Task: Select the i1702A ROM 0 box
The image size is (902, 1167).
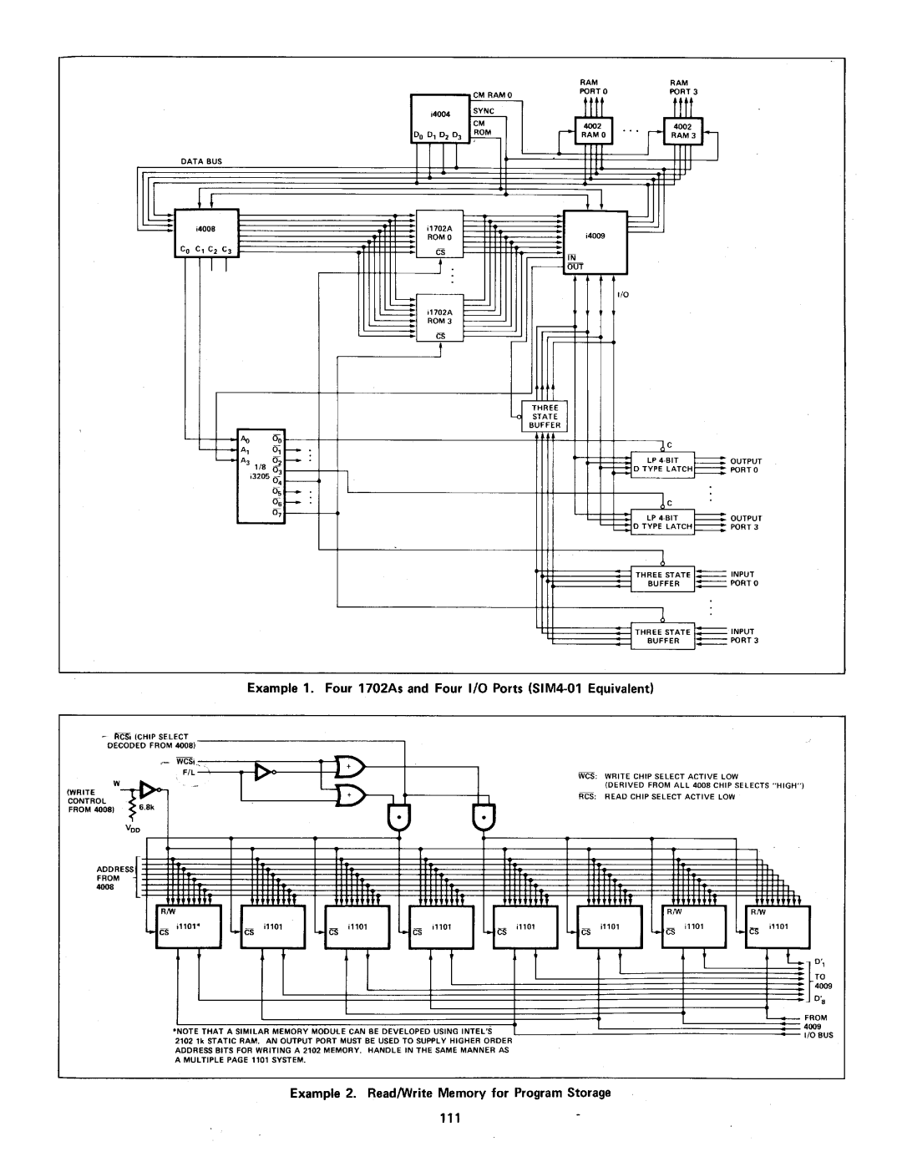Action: tap(439, 233)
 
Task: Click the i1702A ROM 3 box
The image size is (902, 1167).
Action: tap(439, 318)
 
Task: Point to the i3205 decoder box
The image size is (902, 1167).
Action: tap(261, 477)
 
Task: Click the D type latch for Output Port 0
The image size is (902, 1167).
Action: tap(663, 465)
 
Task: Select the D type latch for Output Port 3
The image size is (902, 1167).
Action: tap(663, 522)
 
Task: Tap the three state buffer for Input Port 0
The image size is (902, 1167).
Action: tap(663, 579)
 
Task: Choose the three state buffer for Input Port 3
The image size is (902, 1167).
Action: tap(663, 637)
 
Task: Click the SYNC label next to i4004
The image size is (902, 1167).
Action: tap(484, 111)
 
